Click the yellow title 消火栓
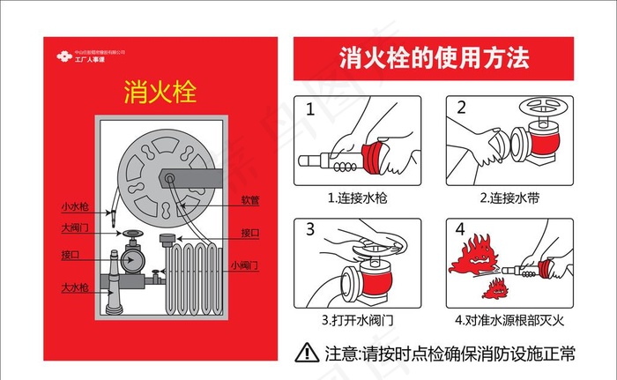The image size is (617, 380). click(x=159, y=91)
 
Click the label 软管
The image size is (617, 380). click(x=250, y=200)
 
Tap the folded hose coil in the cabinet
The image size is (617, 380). click(x=192, y=279)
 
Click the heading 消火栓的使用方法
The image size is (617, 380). click(x=435, y=59)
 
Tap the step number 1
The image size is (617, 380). click(x=309, y=109)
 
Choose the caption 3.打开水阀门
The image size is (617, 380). click(x=362, y=318)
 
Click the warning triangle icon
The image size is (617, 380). click(x=307, y=353)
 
